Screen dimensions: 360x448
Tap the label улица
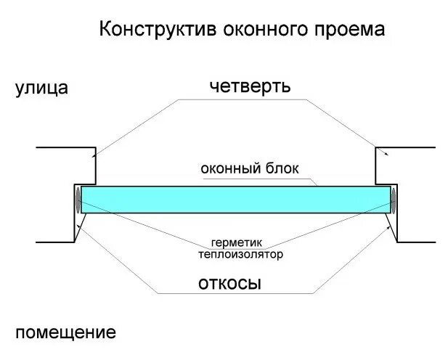point(41,89)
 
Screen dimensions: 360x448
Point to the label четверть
point(250,86)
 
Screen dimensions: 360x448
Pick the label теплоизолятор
point(240,254)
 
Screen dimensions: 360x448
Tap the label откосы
point(229,282)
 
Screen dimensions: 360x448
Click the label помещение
point(65,333)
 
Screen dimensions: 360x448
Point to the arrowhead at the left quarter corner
point(94,154)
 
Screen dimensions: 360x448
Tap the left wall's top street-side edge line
point(64,147)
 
